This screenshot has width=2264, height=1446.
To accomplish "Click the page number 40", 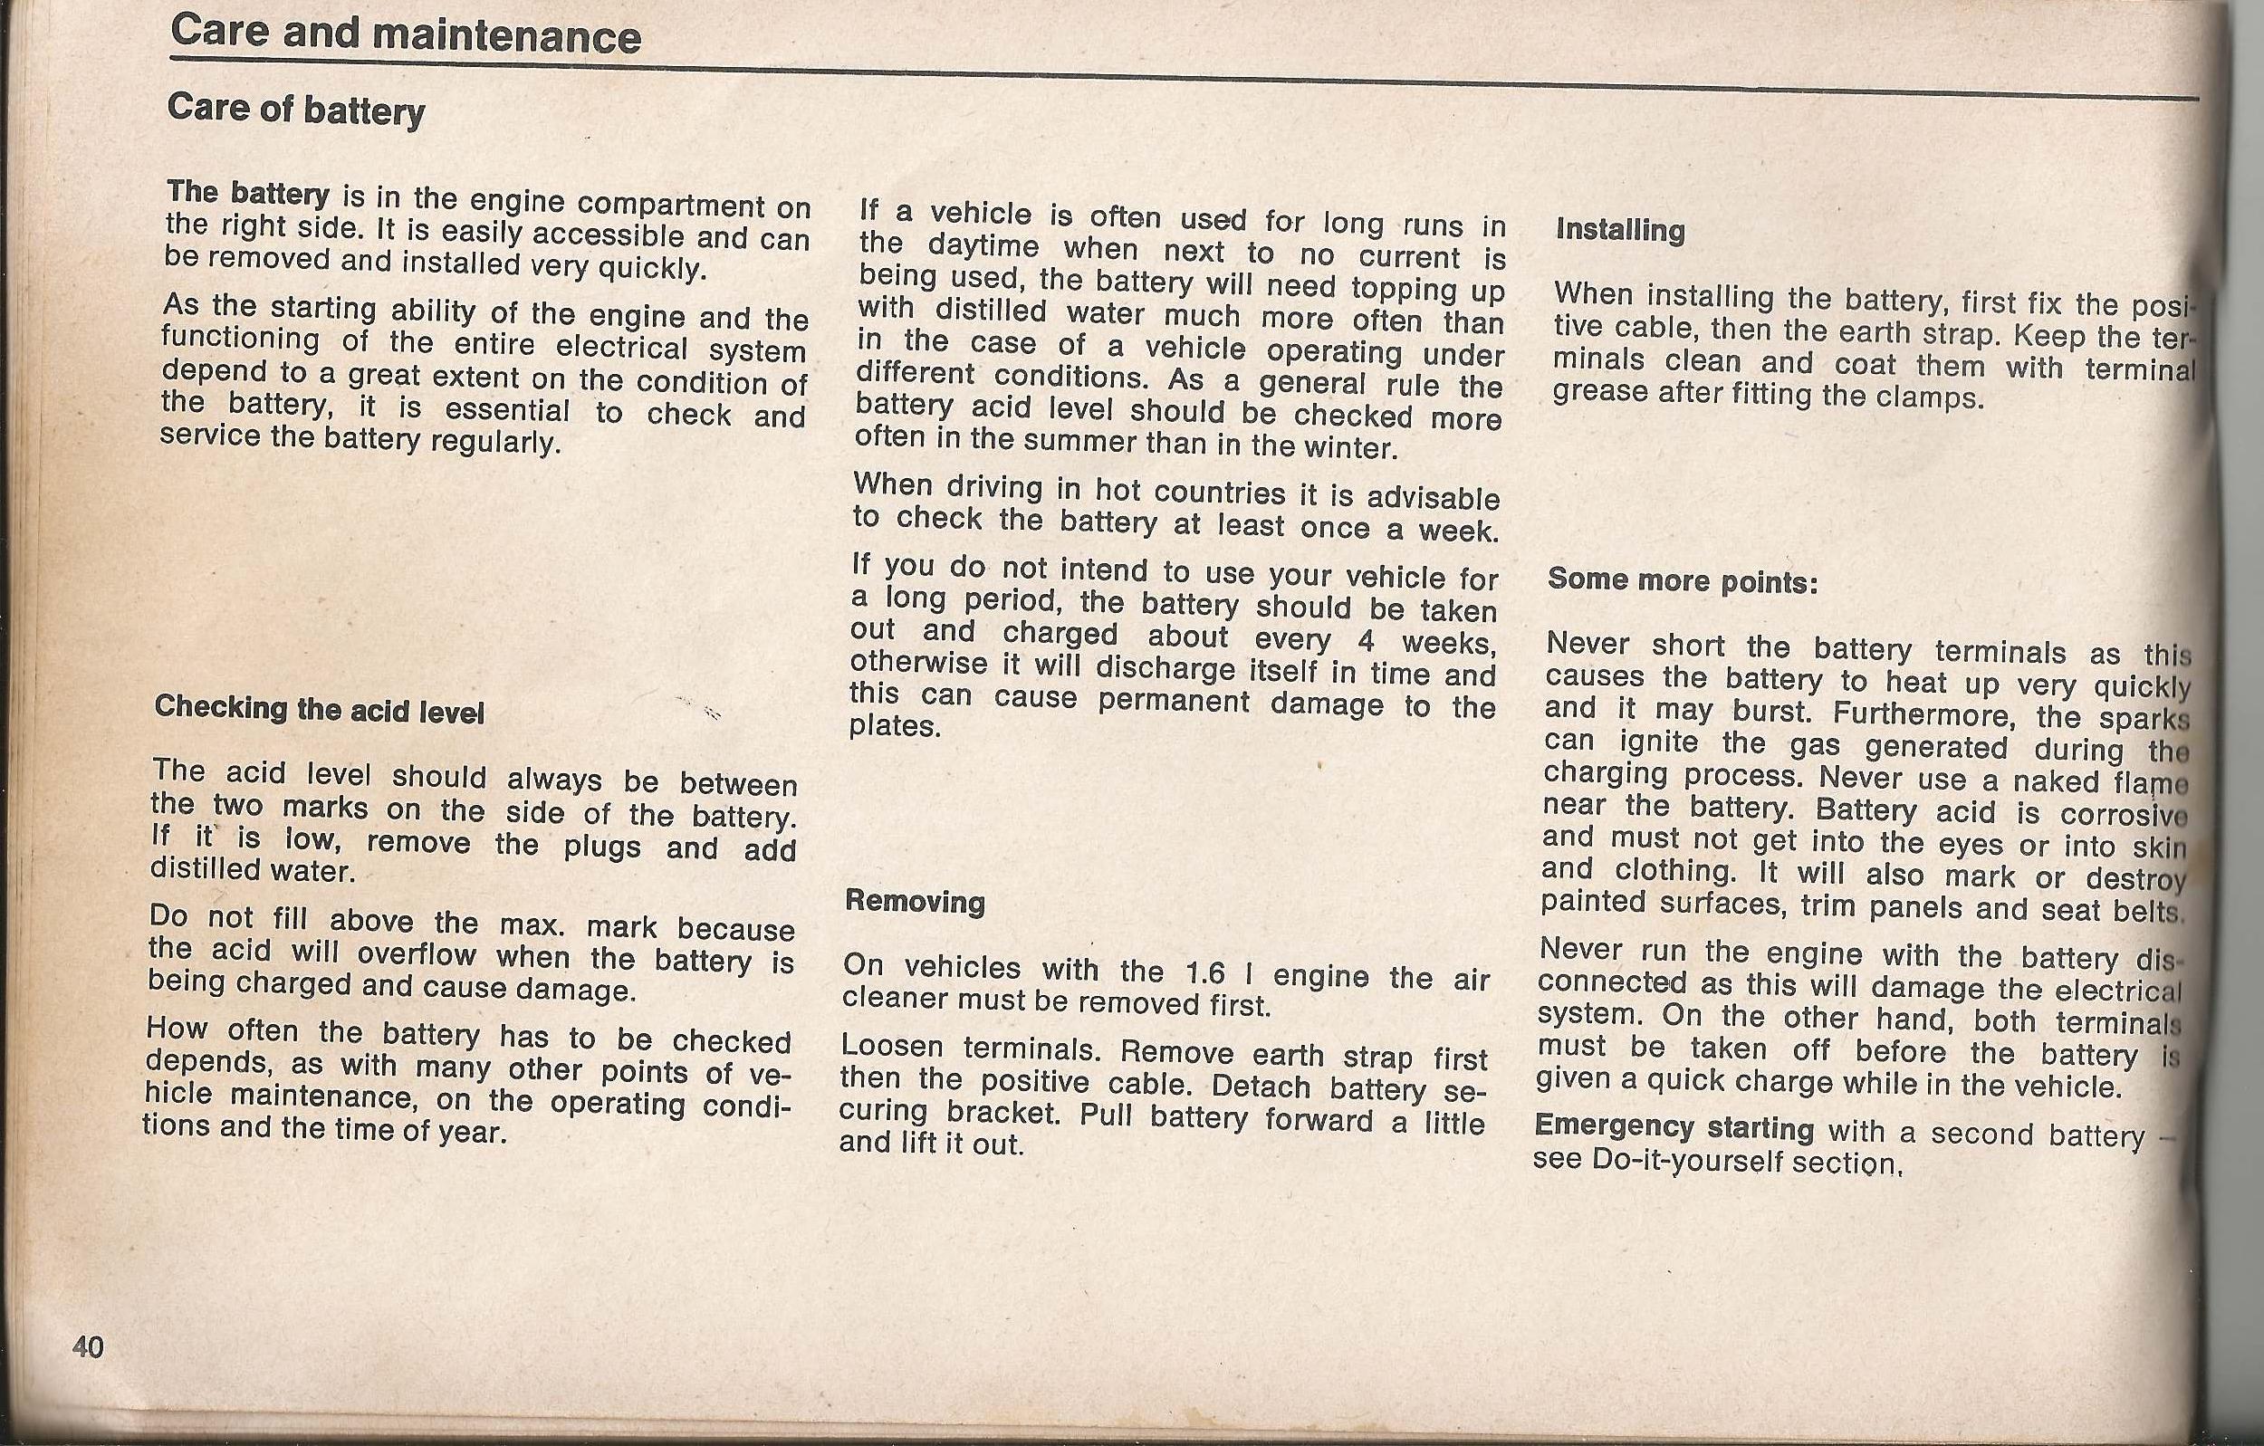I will coord(88,1347).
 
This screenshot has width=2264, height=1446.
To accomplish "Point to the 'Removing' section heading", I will coord(914,902).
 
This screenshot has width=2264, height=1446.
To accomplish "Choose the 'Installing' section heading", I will coord(1620,229).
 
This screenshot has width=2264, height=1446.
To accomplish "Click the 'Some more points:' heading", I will coord(1682,580).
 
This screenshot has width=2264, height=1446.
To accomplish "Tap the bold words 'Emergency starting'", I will coord(1674,1126).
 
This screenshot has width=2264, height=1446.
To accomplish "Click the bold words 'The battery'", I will coord(247,194).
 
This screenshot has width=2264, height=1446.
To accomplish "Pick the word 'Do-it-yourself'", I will coord(1688,1161).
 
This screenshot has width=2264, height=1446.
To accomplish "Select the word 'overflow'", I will coord(417,953).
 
